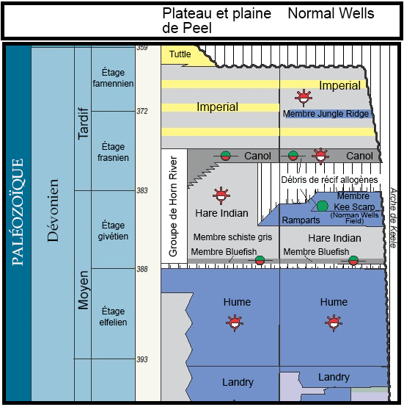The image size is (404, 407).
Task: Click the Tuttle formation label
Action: pos(180,54)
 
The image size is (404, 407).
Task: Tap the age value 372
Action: pos(142,111)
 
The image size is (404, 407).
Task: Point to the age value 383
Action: pos(142,190)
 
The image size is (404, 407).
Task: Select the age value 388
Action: pos(142,269)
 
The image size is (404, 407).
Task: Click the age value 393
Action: pos(142,359)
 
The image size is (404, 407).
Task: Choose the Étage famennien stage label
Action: pos(114,78)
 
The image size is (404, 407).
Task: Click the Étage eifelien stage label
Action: pos(114,317)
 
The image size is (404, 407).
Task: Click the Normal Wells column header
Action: pos(331,14)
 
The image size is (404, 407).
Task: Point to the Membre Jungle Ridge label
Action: pos(325,114)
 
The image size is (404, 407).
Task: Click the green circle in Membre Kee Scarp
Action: pos(323,206)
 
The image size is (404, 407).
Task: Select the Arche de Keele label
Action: pos(393,217)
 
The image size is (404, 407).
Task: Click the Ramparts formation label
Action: pos(301,220)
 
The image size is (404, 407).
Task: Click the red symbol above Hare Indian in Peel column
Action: pos(219,195)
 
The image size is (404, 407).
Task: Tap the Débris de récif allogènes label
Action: pos(329,180)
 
